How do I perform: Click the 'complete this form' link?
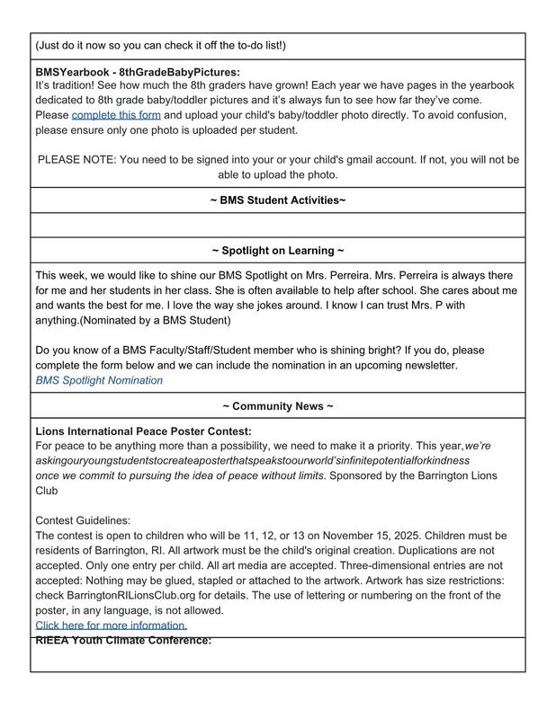(x=116, y=116)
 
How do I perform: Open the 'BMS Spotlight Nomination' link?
(x=99, y=380)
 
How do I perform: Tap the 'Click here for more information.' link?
(x=112, y=625)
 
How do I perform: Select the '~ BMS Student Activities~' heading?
(x=277, y=200)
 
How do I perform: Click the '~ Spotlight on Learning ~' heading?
(x=277, y=251)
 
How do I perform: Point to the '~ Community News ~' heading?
(x=277, y=406)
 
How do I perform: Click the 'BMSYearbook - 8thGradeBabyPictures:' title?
(x=138, y=71)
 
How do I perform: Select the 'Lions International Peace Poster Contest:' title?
(x=143, y=431)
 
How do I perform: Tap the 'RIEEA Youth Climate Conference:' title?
(x=123, y=641)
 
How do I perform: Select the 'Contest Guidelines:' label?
(x=83, y=520)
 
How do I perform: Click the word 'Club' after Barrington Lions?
(x=47, y=491)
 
